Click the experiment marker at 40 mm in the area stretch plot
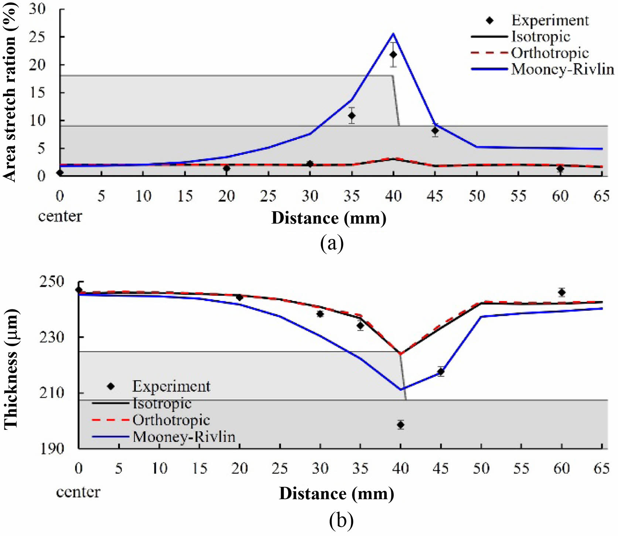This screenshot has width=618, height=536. coord(393,55)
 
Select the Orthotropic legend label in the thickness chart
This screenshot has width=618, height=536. coord(171,420)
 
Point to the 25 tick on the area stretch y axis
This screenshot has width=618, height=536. coord(37,37)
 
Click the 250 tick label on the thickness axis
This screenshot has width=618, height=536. coord(51,282)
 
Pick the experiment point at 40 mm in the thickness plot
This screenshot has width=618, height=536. coord(400,425)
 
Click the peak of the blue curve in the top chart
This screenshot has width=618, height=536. coord(393,34)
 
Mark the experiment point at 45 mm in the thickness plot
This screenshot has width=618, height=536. coord(441,371)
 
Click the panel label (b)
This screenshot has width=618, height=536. coord(341,520)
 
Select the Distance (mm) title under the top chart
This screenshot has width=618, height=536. coord(329,218)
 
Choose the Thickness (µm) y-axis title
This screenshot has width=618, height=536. coord(11,369)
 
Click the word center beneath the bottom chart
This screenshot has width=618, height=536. coord(78,492)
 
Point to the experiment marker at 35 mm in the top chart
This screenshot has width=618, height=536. coord(352,116)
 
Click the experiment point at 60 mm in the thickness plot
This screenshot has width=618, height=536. coord(562,292)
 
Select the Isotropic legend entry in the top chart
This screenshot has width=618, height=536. coord(540,37)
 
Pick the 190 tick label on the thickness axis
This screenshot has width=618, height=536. coord(51,449)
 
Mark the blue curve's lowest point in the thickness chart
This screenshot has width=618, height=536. coord(400,389)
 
